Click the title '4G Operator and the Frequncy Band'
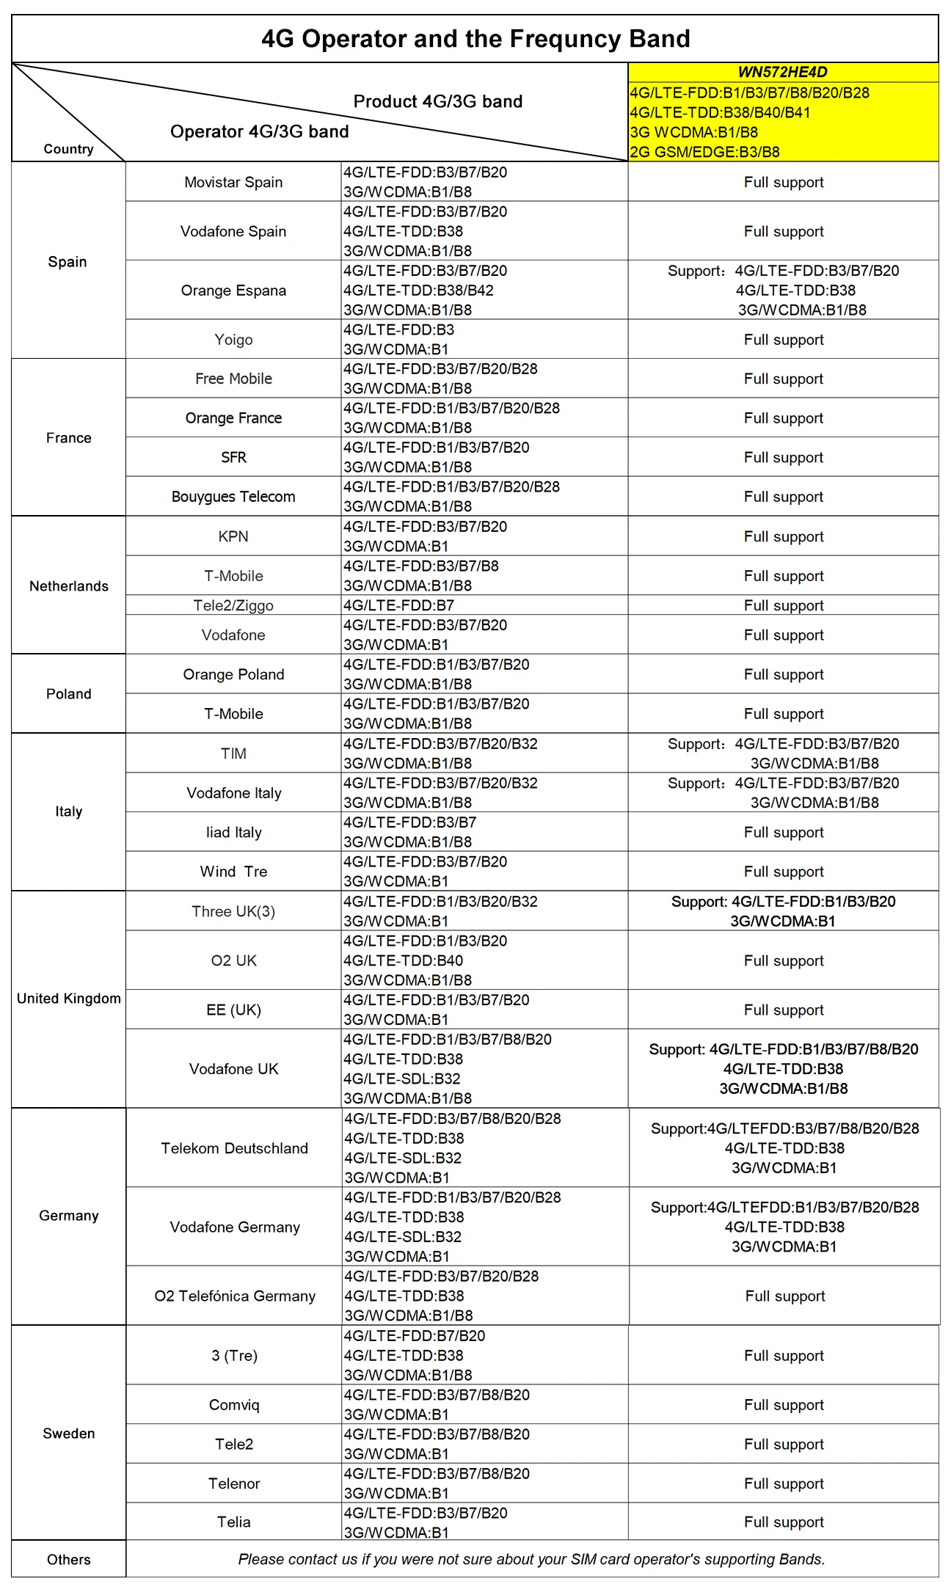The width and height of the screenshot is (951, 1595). click(475, 38)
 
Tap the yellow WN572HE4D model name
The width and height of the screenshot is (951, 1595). click(782, 72)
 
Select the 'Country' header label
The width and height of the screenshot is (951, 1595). click(68, 149)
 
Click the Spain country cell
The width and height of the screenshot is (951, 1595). click(68, 261)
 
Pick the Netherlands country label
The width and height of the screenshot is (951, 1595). click(68, 585)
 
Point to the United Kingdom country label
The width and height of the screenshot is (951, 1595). click(68, 998)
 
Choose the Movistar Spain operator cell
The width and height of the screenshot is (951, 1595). click(233, 182)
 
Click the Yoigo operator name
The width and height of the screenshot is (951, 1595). click(233, 339)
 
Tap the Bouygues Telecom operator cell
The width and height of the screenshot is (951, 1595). click(233, 496)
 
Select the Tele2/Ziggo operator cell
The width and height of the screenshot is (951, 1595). click(233, 605)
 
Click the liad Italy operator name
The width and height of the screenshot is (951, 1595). click(233, 832)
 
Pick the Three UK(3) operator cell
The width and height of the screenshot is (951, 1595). click(233, 911)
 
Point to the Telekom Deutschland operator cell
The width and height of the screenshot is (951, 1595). click(234, 1147)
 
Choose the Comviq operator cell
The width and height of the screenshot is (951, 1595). click(234, 1404)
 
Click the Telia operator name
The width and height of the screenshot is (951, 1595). click(234, 1522)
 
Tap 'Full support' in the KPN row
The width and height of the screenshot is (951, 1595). click(784, 536)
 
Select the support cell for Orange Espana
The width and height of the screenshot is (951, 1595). click(784, 290)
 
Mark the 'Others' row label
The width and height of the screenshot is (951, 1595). click(68, 1559)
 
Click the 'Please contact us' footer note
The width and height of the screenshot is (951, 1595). click(531, 1559)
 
